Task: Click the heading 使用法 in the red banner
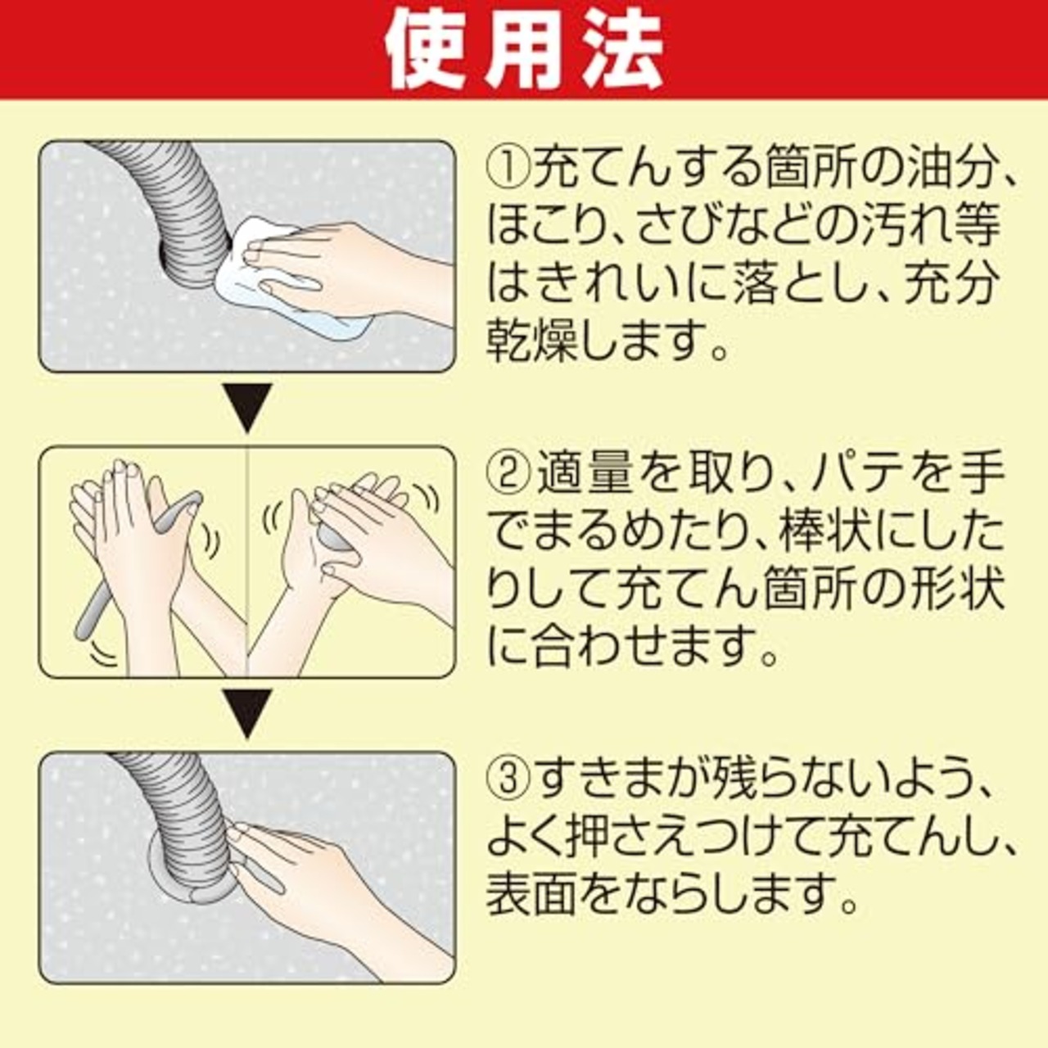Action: click(524, 51)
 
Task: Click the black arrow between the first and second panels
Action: click(248, 407)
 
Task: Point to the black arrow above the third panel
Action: click(248, 712)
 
